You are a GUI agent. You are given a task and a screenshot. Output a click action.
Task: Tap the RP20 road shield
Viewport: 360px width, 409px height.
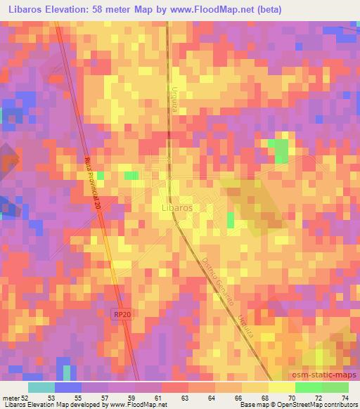click(x=122, y=316)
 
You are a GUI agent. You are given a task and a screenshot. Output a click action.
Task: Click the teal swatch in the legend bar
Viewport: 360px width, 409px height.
click(x=41, y=388)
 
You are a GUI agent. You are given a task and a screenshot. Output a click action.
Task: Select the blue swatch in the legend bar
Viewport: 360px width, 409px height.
click(x=68, y=388)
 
